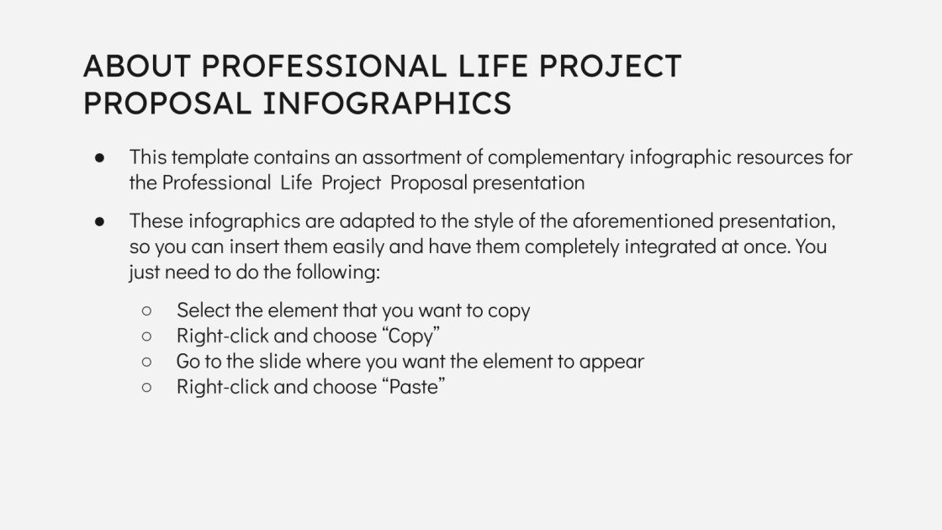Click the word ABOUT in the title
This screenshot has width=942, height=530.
coord(137,66)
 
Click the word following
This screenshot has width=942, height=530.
coord(339,273)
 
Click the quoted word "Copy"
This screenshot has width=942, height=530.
coord(411,336)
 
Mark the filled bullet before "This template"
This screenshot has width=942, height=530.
coord(100,157)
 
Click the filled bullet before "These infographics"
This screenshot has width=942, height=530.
coord(100,222)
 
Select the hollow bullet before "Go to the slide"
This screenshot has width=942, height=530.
coord(147,362)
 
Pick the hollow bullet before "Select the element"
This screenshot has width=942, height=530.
coord(147,310)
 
